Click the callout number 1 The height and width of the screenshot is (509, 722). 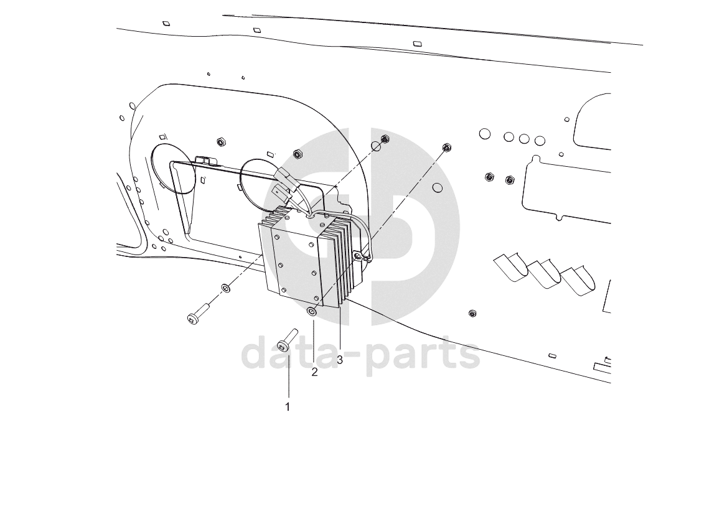(x=288, y=407)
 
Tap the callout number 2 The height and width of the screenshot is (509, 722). (x=314, y=372)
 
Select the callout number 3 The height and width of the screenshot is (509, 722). (x=340, y=360)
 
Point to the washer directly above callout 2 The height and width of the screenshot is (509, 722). (x=312, y=312)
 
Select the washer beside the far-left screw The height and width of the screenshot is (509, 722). (x=225, y=288)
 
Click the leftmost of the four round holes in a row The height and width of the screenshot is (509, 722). (x=485, y=134)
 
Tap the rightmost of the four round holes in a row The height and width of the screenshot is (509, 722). (x=540, y=141)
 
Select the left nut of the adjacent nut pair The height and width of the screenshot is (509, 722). (x=489, y=177)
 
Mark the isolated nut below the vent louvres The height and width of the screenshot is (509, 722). (x=472, y=314)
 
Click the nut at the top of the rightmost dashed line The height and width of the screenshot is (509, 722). (x=446, y=147)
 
